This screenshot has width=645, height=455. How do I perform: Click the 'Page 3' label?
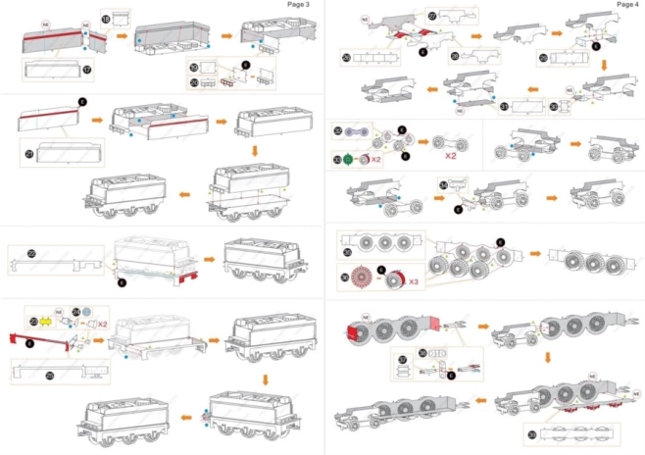click(x=299, y=5)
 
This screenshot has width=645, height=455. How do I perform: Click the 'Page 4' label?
click(x=627, y=5)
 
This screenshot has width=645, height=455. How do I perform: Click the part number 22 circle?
click(x=31, y=254)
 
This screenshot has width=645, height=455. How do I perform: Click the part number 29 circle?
click(x=543, y=59)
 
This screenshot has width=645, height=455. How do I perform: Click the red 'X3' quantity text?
click(x=415, y=281)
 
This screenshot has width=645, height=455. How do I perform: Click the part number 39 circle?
click(x=531, y=433)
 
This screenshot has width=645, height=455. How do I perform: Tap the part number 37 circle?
click(x=401, y=360)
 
